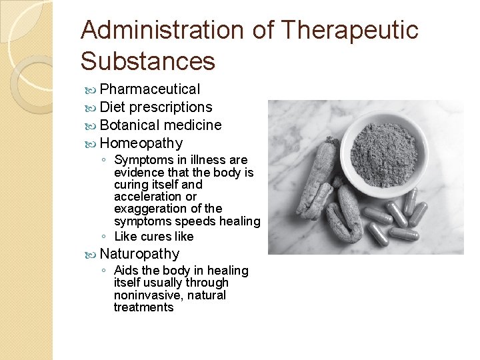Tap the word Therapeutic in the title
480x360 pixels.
(x=350, y=31)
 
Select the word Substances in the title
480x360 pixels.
(x=148, y=61)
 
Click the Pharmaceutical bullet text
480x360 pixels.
(x=149, y=89)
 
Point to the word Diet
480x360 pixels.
(x=113, y=107)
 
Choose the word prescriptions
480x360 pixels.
(x=171, y=107)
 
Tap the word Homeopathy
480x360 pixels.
(x=141, y=143)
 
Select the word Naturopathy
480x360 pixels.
(x=139, y=254)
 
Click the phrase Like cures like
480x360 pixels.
(x=153, y=237)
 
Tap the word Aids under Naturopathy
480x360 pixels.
(x=126, y=271)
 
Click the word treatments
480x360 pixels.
(x=143, y=307)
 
